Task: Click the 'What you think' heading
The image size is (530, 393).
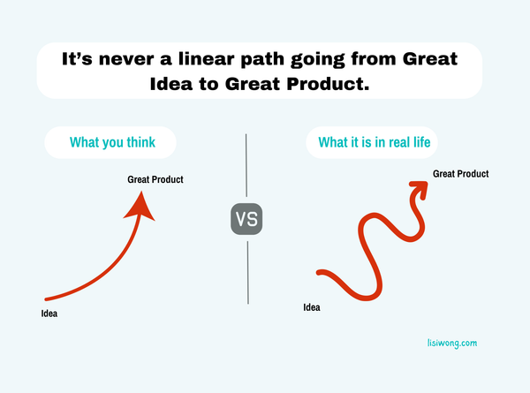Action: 110,142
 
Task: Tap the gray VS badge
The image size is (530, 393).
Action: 247,218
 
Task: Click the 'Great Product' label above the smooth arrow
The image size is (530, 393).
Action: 155,180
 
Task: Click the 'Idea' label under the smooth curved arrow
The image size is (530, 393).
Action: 52,314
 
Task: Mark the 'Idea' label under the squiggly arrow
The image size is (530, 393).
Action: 312,307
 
